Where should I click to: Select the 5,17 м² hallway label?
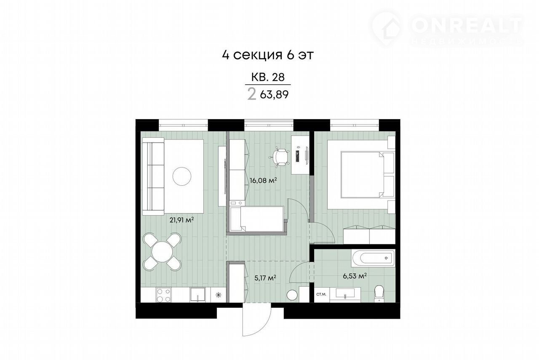click(x=265, y=278)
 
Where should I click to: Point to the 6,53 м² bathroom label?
click(x=355, y=276)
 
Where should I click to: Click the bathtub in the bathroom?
click(x=373, y=258)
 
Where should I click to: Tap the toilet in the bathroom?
click(x=379, y=294)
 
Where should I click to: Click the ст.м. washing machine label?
click(x=321, y=294)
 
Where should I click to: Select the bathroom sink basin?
click(x=345, y=293)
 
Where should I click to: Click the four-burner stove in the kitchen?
click(x=164, y=295)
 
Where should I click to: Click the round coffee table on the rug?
click(x=182, y=176)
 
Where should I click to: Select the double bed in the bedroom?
click(x=368, y=174)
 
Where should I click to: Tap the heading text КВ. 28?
click(x=268, y=77)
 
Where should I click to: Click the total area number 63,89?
click(x=274, y=95)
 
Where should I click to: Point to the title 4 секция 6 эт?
click(x=268, y=55)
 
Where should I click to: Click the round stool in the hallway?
click(x=292, y=295)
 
